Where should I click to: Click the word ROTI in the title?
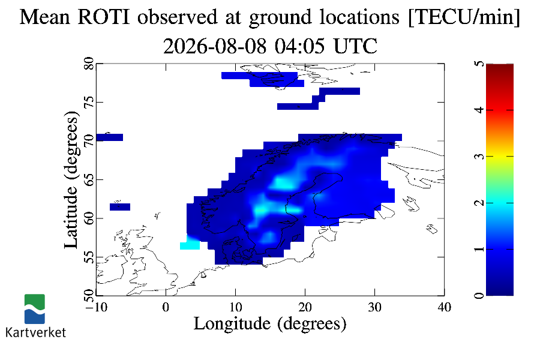[x=104, y=17]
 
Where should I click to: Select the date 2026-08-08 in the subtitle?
[x=215, y=46]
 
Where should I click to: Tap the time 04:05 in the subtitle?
[x=299, y=46]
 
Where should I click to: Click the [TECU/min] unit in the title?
[x=464, y=17]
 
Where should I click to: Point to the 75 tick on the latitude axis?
[x=89, y=103]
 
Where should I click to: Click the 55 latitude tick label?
[x=89, y=257]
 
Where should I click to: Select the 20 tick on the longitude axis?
[x=305, y=307]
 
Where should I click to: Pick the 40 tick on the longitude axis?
[x=444, y=307]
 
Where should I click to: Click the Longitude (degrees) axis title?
[x=270, y=324]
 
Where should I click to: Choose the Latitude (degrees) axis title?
[x=71, y=179]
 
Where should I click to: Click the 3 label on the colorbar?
[x=479, y=157]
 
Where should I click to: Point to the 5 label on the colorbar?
[x=479, y=64]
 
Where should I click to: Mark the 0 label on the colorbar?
[x=479, y=295]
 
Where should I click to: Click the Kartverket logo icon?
[x=34, y=309]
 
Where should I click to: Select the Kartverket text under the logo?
[x=35, y=332]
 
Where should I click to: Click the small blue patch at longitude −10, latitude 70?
[x=110, y=137]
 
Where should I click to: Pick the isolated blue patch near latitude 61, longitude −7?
[x=120, y=206]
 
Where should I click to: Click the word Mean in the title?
[x=45, y=17]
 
